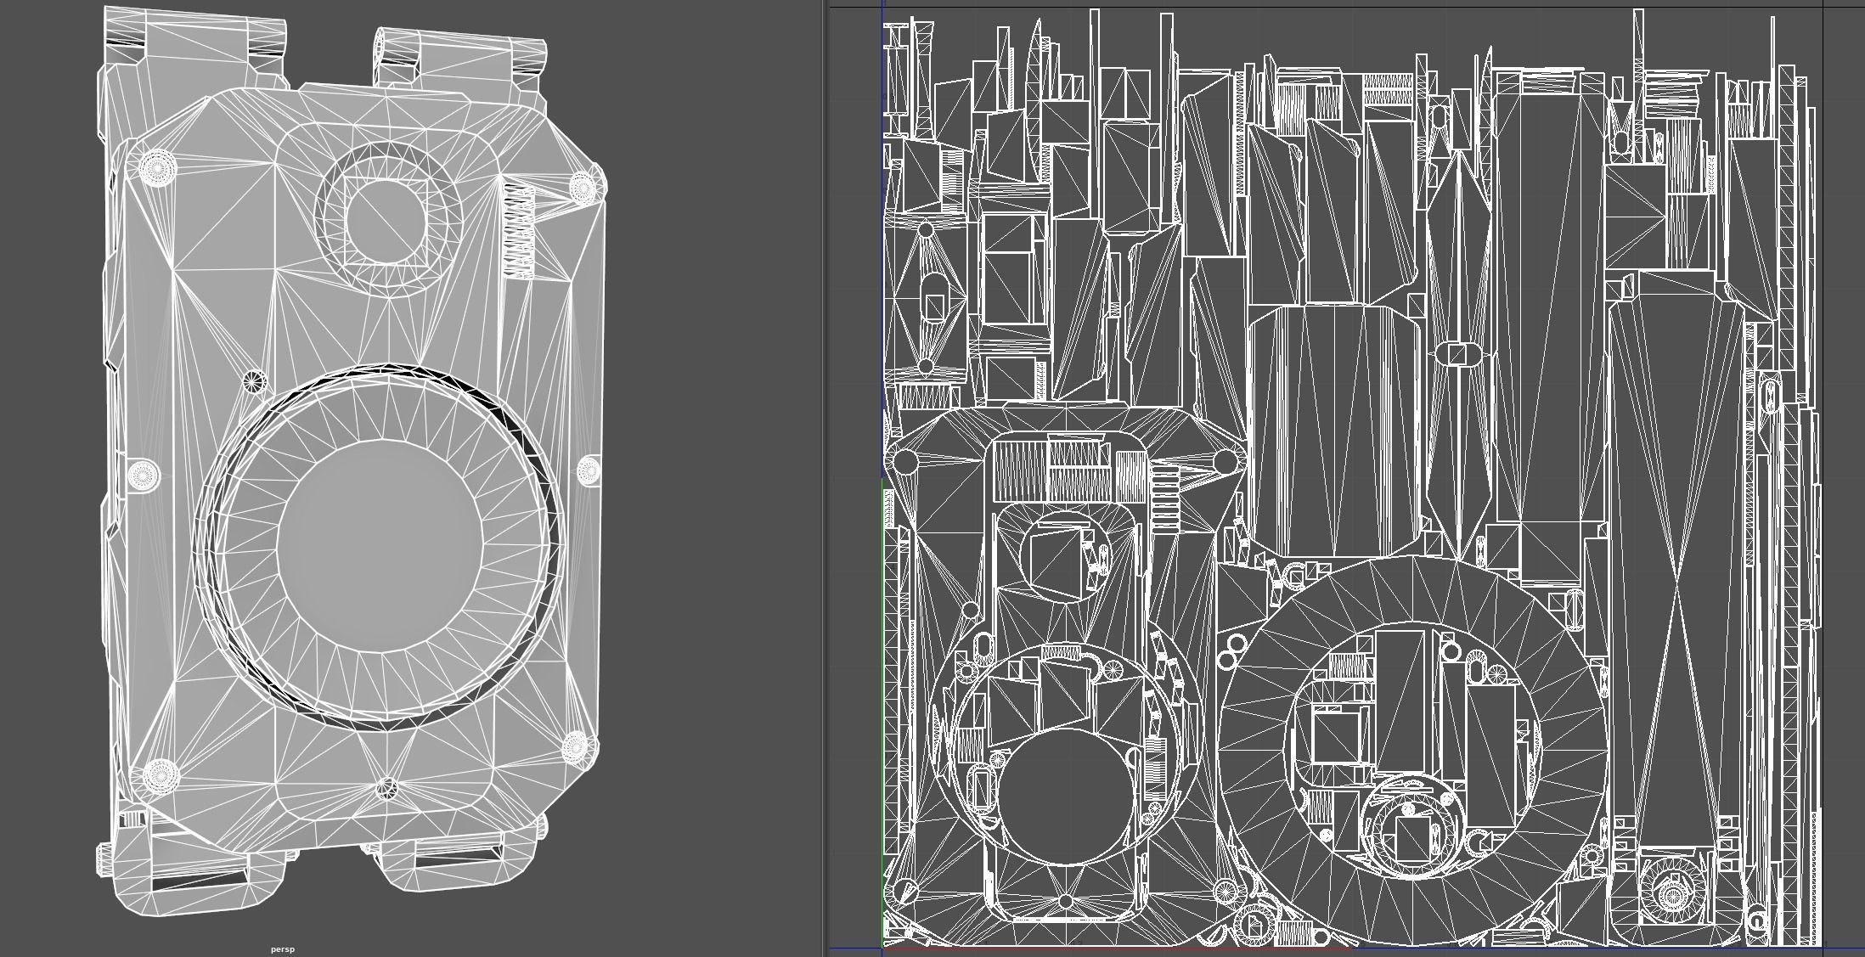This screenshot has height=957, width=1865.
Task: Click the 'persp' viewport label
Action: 283,949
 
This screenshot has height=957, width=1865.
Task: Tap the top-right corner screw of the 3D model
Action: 583,188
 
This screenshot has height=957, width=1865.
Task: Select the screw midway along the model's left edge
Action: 143,474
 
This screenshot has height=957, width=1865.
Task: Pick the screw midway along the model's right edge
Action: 589,470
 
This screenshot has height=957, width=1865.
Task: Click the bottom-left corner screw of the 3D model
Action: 159,774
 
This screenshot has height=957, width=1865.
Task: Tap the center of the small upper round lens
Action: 385,220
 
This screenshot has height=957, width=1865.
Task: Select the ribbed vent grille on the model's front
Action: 519,231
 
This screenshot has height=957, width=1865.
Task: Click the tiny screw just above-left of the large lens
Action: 253,380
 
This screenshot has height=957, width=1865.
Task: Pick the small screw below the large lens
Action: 386,788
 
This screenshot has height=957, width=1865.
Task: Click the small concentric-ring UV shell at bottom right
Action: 1671,892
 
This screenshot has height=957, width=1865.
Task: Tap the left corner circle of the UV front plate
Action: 906,462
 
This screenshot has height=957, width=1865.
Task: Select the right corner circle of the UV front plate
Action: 1225,462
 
